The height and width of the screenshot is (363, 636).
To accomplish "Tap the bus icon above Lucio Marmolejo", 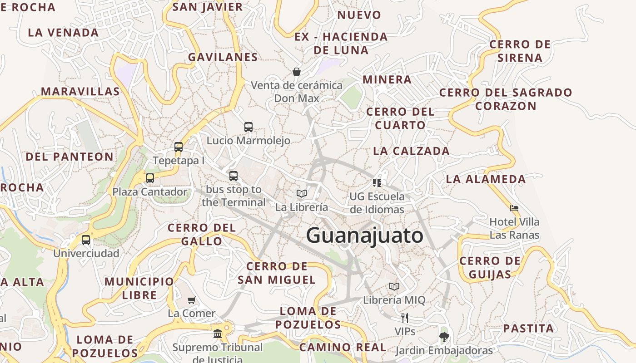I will [x=248, y=127].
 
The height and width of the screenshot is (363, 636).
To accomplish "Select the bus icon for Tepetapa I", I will [x=179, y=147].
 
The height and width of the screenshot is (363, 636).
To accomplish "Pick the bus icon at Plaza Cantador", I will [x=150, y=178].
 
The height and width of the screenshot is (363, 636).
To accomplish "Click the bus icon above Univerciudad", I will [x=86, y=240].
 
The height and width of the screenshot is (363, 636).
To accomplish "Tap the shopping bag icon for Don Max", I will [x=297, y=72].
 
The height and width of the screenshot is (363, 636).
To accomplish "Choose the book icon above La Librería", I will [x=302, y=194].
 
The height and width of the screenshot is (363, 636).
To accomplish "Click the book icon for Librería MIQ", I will [x=394, y=287].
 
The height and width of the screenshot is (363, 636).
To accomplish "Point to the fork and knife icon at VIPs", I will [x=405, y=318].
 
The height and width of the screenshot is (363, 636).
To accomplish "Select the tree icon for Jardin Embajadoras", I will [x=444, y=337].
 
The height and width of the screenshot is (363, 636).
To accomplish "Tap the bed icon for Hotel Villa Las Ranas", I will [x=514, y=209].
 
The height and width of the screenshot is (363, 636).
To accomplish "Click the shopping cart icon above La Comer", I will [x=192, y=300].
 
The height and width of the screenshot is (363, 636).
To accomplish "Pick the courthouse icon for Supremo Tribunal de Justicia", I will [x=218, y=334].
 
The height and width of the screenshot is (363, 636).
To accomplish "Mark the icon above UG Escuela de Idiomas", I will [x=377, y=183].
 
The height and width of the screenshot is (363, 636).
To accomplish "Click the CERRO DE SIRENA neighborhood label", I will [x=520, y=51].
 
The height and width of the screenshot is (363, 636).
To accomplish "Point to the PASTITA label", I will [x=529, y=329].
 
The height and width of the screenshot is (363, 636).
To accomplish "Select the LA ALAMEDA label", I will [x=486, y=179].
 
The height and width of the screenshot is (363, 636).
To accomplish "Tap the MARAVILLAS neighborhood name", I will [x=80, y=92].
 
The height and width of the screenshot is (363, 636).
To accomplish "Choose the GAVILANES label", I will [x=223, y=57].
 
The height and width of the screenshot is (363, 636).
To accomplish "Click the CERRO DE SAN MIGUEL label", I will [x=277, y=273].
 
